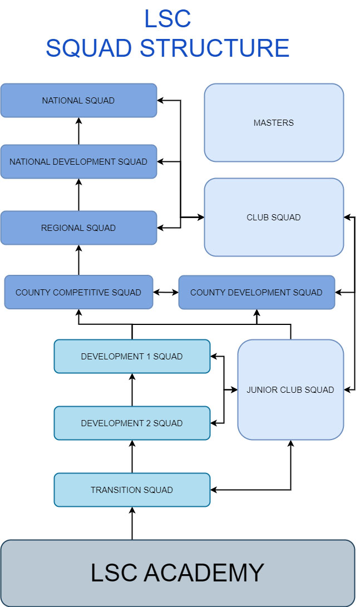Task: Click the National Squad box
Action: (x=78, y=101)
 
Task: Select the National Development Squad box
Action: (x=78, y=162)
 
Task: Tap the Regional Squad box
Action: (x=78, y=228)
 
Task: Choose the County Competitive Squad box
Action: (x=78, y=292)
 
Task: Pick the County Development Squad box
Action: (x=257, y=292)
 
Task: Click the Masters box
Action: (x=274, y=123)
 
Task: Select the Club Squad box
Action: (x=274, y=218)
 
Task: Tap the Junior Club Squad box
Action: (x=290, y=389)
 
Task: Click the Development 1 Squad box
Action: (x=132, y=356)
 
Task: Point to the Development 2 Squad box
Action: (x=132, y=423)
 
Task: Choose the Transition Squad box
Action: (x=132, y=490)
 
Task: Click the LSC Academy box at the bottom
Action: (x=177, y=573)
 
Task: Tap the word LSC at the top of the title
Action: (x=167, y=19)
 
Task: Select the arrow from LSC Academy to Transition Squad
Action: (x=132, y=524)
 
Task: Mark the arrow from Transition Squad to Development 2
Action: (x=132, y=456)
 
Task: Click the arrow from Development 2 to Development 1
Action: (x=132, y=389)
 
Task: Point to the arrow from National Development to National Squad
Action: (x=78, y=131)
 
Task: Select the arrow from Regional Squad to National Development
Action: (x=78, y=195)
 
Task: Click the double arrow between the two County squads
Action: (x=165, y=292)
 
